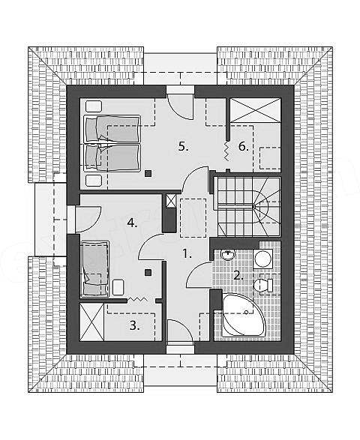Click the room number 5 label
pyautogui.click(x=183, y=146)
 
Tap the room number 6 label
pyautogui.click(x=244, y=146)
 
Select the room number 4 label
pyautogui.click(x=132, y=223)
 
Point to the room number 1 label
pyautogui.click(x=187, y=254)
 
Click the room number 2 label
pyautogui.click(x=238, y=276)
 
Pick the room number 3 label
pyautogui.click(x=134, y=325)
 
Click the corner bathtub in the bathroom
pyautogui.click(x=243, y=315)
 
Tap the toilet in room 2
pyautogui.click(x=263, y=286)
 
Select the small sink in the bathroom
pyautogui.click(x=228, y=255)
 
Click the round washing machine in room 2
pyautogui.click(x=262, y=259)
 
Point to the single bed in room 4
pyautogui.click(x=94, y=269)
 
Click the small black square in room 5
pyautogui.click(x=148, y=173)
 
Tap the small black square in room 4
pyautogui.click(x=148, y=272)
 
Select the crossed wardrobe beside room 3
pyautogui.click(x=91, y=322)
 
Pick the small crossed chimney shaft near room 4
pyautogui.click(x=170, y=201)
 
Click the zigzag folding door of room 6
pyautogui.click(x=227, y=151)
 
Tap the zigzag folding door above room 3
pyautogui.click(x=137, y=300)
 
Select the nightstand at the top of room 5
pyautogui.click(x=94, y=106)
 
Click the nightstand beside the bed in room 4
pyautogui.click(x=118, y=287)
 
